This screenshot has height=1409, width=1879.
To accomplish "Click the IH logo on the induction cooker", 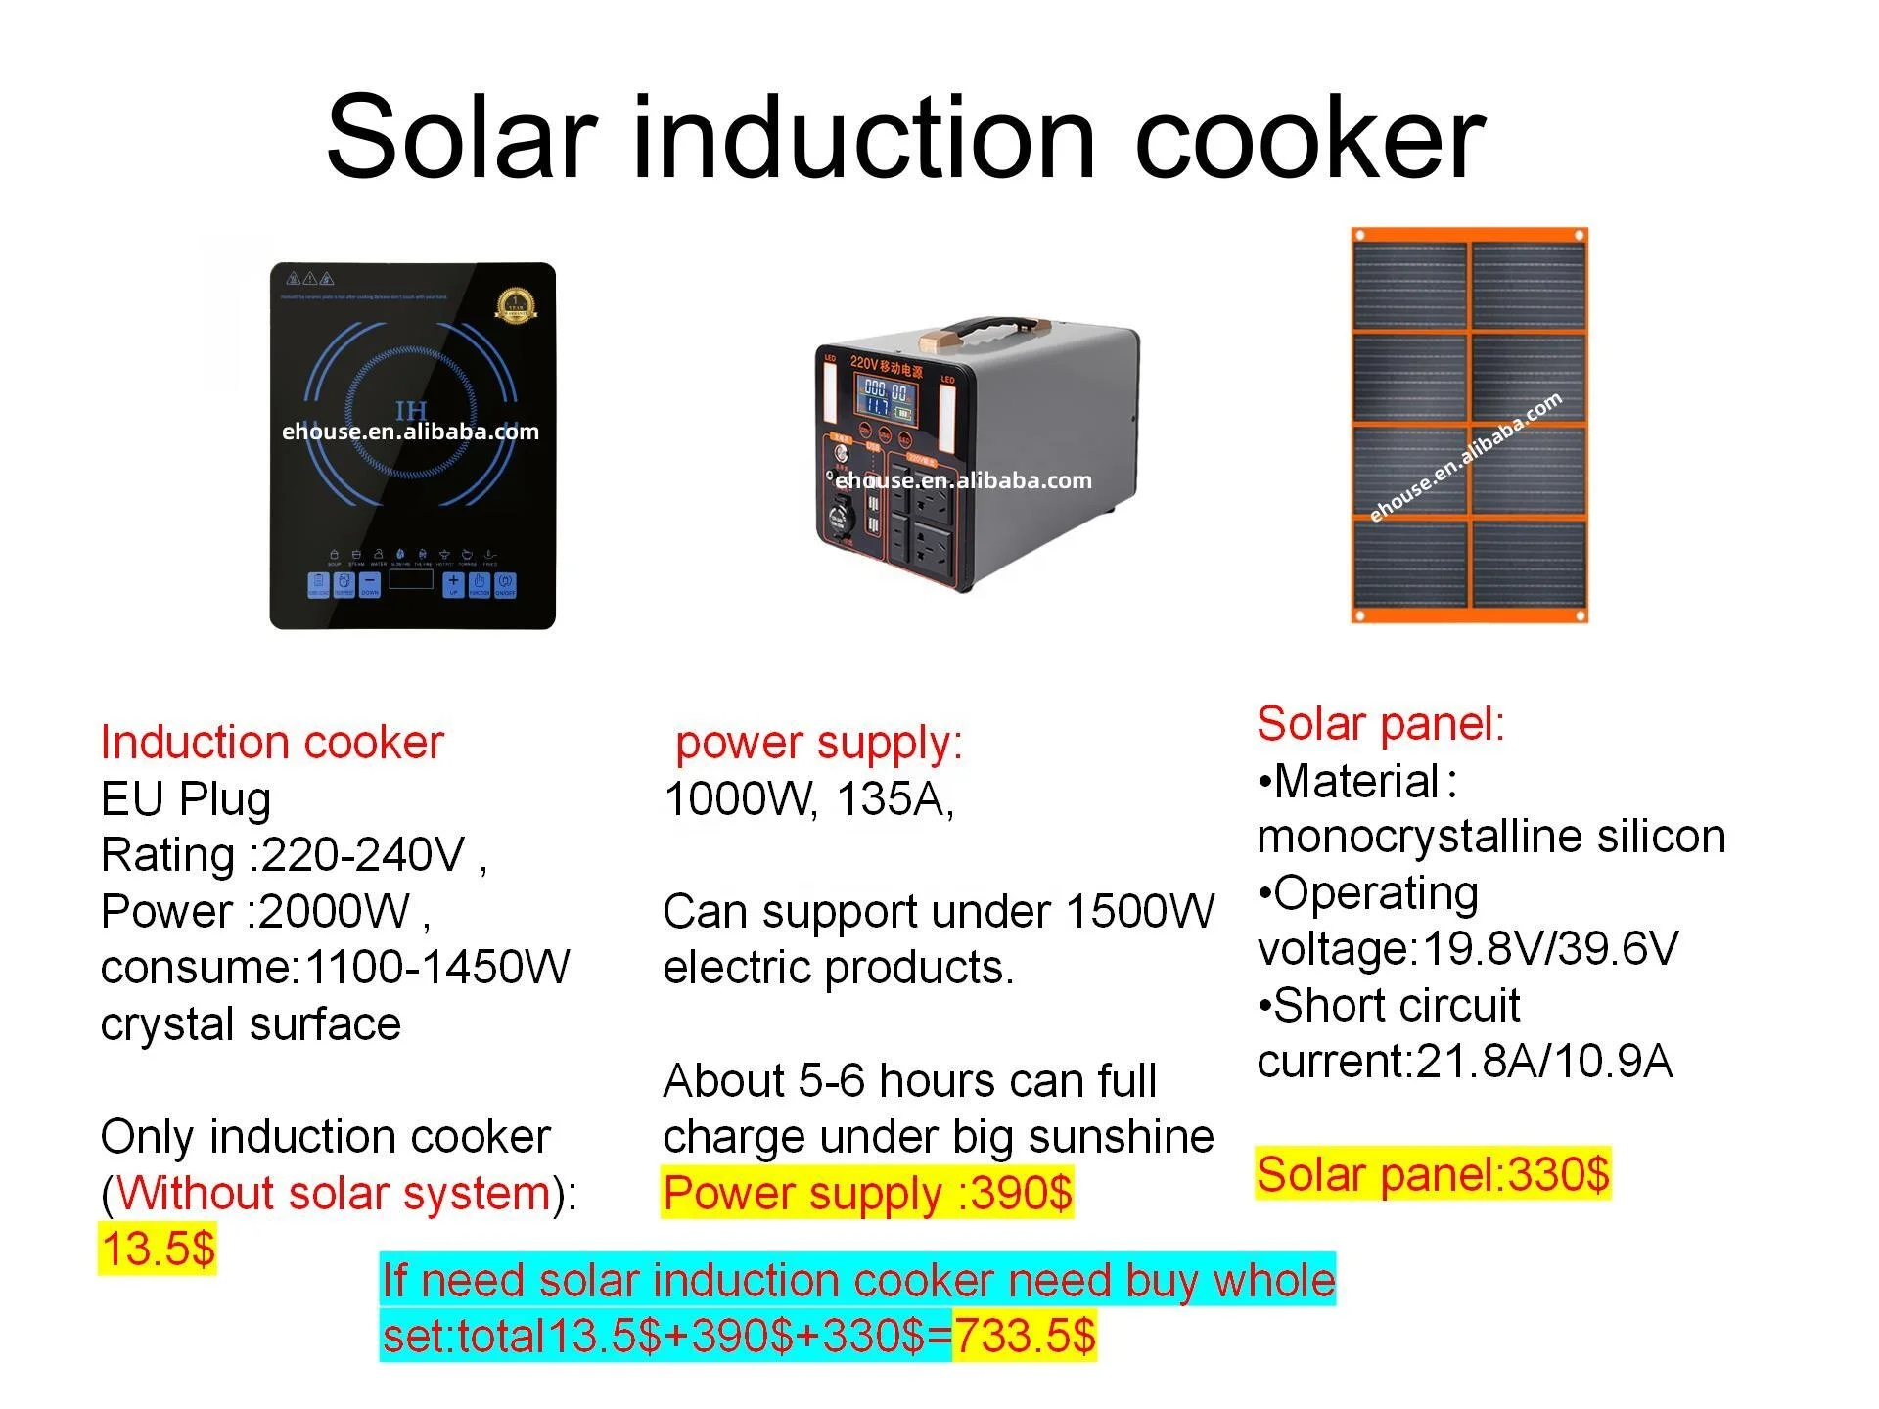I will pos(411,410).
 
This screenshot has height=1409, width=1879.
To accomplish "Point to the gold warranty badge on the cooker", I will pos(515,305).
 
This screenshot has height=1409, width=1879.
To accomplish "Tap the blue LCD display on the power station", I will pos(887,399).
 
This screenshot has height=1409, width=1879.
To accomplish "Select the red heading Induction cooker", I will pos(272,743).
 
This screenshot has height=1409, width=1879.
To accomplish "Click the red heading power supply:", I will pos(819,743).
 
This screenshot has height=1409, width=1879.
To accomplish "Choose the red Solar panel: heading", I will pos(1381,724).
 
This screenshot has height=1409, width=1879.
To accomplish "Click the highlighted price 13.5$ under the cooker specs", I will pos(158,1250).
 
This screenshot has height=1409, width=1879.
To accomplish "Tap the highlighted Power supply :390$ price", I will pos(868,1193).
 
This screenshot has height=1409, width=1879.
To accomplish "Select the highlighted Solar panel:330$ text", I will pos(1433,1174).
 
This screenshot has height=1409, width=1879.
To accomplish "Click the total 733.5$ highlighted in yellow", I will pos(1025,1337).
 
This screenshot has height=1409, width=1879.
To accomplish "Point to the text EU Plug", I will pos(186,799).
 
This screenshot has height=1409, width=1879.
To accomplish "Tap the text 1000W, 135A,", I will pos(809,799).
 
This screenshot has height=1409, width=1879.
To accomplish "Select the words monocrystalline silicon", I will pos(1491,838).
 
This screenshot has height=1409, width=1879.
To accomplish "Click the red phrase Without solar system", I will pos(334,1194).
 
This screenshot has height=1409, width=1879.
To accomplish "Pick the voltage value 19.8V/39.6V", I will pos(1550,949).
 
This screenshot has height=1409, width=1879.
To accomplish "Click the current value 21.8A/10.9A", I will pos(1544,1063).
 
